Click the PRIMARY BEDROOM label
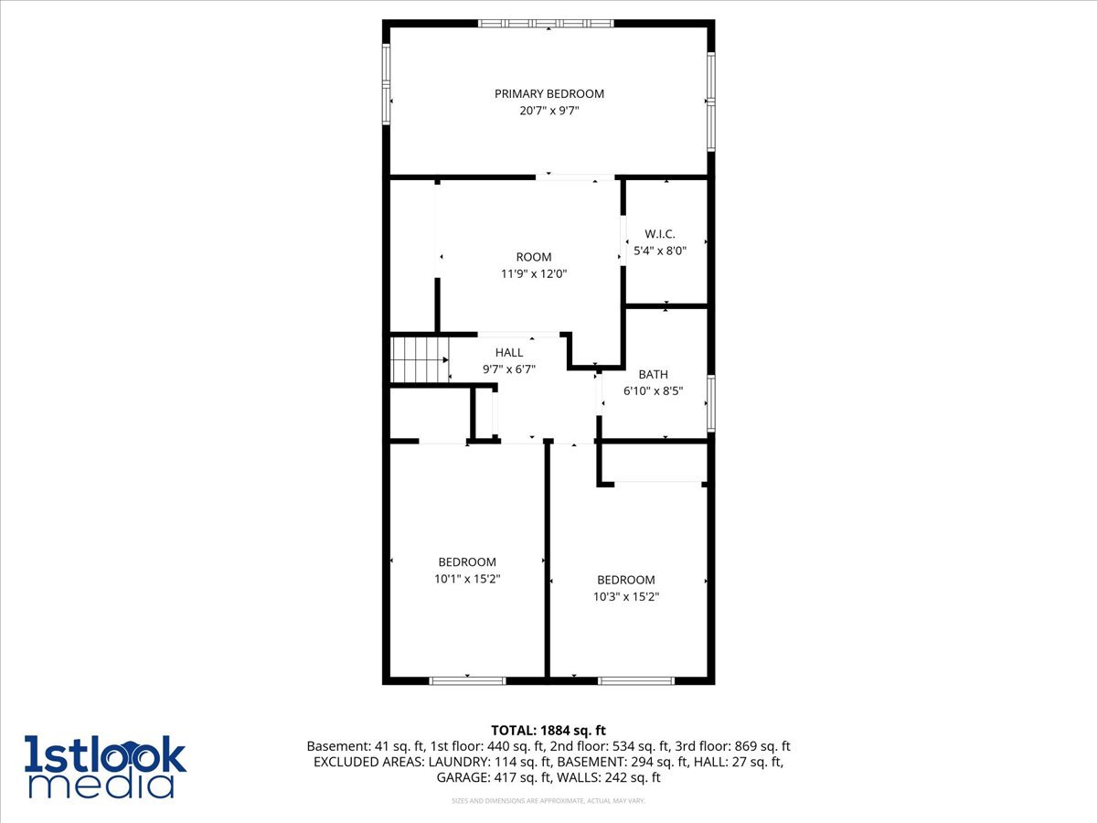coord(549,93)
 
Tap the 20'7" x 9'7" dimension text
coord(549,111)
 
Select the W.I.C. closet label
coord(660,234)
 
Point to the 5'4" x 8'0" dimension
coord(660,250)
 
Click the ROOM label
coord(534,257)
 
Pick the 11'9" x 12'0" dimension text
coord(534,273)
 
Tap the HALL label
coord(509,352)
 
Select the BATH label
coord(654,374)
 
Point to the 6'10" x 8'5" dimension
coord(654,390)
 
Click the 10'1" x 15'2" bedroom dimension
coord(467,579)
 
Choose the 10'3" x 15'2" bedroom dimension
coord(626,596)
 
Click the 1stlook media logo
coord(105,766)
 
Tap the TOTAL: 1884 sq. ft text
coord(548,730)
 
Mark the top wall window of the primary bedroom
coord(548,23)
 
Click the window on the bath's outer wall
coord(711,403)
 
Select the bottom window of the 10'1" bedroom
coord(467,680)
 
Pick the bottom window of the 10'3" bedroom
coord(636,680)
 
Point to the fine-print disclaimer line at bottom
coord(548,801)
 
